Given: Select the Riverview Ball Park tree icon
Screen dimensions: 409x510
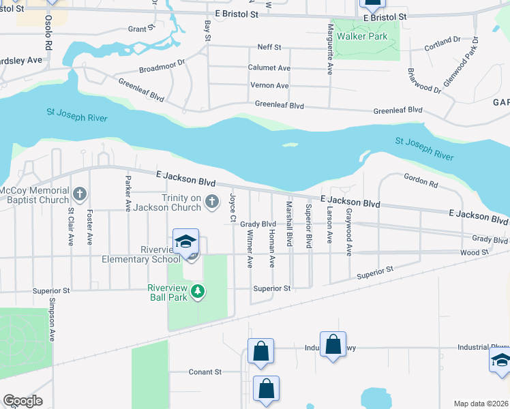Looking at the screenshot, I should tap(198, 292).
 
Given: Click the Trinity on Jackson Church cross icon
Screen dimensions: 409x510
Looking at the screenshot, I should tap(212, 201).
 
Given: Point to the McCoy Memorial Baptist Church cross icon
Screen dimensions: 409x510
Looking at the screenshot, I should tap(80, 195).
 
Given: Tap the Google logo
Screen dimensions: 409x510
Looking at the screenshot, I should tap(22, 401).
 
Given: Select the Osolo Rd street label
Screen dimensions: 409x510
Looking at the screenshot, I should tap(49, 31).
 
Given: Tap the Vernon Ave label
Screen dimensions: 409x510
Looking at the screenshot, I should tap(270, 85).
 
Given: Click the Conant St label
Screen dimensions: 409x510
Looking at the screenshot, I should tap(205, 372).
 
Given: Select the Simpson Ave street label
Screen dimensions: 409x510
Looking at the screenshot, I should tap(50, 321).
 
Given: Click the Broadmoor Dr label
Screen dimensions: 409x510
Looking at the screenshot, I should tap(162, 66).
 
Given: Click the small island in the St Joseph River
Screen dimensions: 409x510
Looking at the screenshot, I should tap(290, 145).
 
